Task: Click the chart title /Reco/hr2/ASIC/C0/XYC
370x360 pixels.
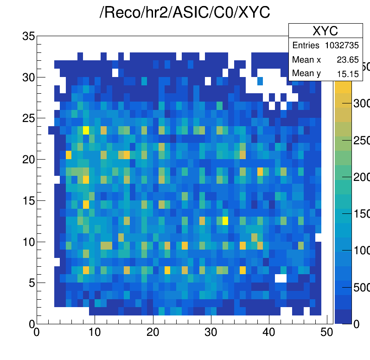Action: click(185, 13)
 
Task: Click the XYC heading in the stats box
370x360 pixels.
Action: click(325, 31)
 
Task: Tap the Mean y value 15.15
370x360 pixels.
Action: click(348, 73)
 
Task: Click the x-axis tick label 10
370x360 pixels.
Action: click(95, 332)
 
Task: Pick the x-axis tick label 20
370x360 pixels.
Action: click(153, 332)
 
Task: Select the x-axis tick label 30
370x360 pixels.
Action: click(211, 332)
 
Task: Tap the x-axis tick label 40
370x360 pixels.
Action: click(269, 332)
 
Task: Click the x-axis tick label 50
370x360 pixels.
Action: click(327, 332)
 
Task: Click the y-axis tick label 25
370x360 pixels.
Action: click(28, 118)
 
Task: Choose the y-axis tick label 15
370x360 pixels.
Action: click(28, 200)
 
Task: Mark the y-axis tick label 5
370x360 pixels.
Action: click(31, 283)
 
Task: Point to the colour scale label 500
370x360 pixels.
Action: click(360, 288)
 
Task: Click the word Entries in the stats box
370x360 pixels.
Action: click(306, 45)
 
